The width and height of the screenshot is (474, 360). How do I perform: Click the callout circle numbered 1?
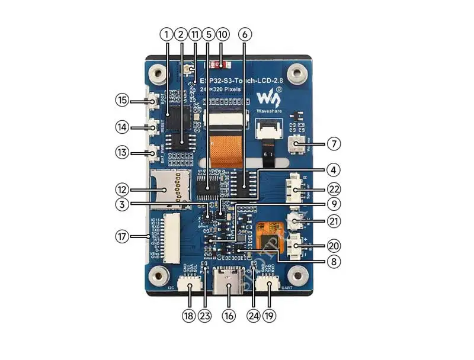(x=166, y=35)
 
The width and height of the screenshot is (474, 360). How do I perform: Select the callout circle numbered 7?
(x=334, y=143)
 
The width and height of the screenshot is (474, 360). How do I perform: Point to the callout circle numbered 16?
(x=228, y=316)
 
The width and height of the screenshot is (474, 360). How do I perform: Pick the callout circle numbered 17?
(x=122, y=236)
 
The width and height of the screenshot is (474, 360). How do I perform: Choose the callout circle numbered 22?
(x=334, y=189)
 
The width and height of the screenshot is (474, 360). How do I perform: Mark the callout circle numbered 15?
(x=122, y=101)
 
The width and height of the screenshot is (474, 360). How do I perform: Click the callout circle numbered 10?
(x=223, y=35)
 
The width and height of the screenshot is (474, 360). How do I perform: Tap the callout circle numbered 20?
(x=334, y=245)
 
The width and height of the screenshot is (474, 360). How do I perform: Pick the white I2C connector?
(x=190, y=289)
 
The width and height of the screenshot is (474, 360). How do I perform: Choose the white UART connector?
(x=270, y=289)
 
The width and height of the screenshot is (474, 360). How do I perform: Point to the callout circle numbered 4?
(x=334, y=170)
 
